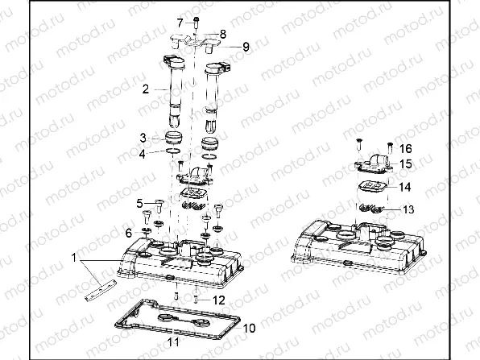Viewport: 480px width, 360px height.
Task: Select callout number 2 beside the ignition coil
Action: pyautogui.click(x=146, y=89)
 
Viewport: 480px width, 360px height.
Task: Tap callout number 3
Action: pyautogui.click(x=143, y=137)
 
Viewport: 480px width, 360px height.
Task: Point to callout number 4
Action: pyautogui.click(x=143, y=153)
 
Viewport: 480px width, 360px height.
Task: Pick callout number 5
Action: pyautogui.click(x=139, y=202)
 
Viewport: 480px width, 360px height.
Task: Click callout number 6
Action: pyautogui.click(x=129, y=232)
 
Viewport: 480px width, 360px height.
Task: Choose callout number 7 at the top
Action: pyautogui.click(x=180, y=21)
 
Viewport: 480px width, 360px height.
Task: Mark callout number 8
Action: pyautogui.click(x=223, y=33)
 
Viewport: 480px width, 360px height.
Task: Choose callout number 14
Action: pyautogui.click(x=406, y=186)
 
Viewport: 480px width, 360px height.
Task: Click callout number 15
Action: pyautogui.click(x=406, y=164)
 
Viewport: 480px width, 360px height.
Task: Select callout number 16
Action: pyautogui.click(x=405, y=149)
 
